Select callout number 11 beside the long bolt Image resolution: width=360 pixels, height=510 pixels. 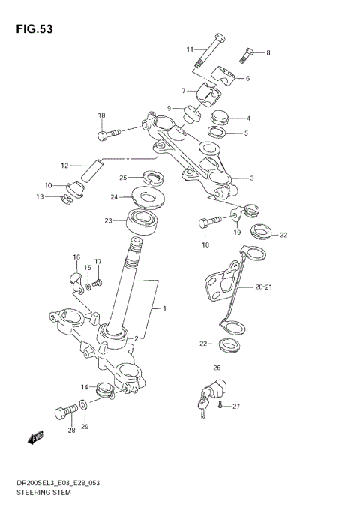click(x=190, y=49)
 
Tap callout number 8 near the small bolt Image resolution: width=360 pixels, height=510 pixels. click(x=268, y=52)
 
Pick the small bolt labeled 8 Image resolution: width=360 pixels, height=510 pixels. click(x=247, y=54)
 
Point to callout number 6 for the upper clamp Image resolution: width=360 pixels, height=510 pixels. click(x=247, y=78)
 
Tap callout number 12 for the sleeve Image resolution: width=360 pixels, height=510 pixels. click(x=64, y=165)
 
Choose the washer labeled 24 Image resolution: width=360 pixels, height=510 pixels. click(x=149, y=198)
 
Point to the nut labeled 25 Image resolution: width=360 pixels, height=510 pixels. click(x=153, y=178)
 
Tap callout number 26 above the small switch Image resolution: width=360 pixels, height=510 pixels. click(x=217, y=367)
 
